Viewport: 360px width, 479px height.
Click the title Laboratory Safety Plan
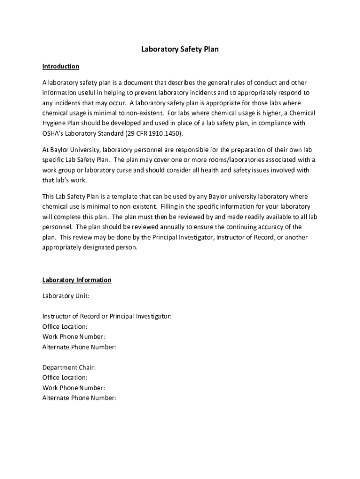(x=180, y=49)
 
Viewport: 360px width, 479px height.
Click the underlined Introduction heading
(x=61, y=66)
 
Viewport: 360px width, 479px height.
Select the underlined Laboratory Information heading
(x=77, y=280)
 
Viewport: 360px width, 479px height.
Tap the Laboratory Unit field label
(x=66, y=296)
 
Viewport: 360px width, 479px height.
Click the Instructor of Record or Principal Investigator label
(x=107, y=317)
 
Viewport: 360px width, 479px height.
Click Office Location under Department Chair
(x=65, y=378)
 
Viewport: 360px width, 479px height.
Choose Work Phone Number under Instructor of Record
(x=73, y=337)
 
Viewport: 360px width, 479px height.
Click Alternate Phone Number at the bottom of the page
(x=79, y=399)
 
